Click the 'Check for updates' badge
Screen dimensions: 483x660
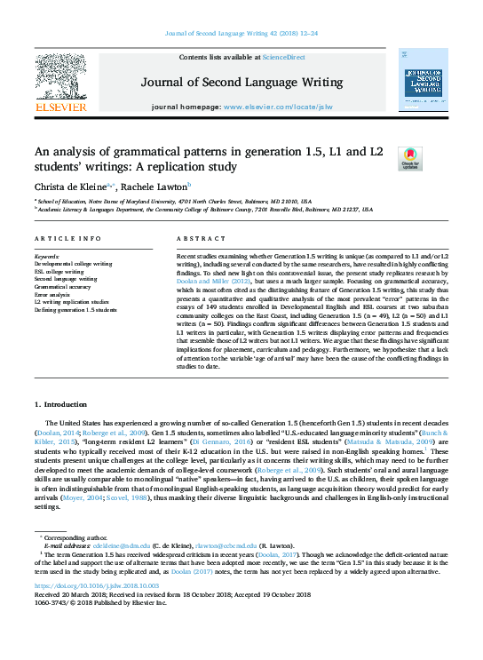pos(410,159)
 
